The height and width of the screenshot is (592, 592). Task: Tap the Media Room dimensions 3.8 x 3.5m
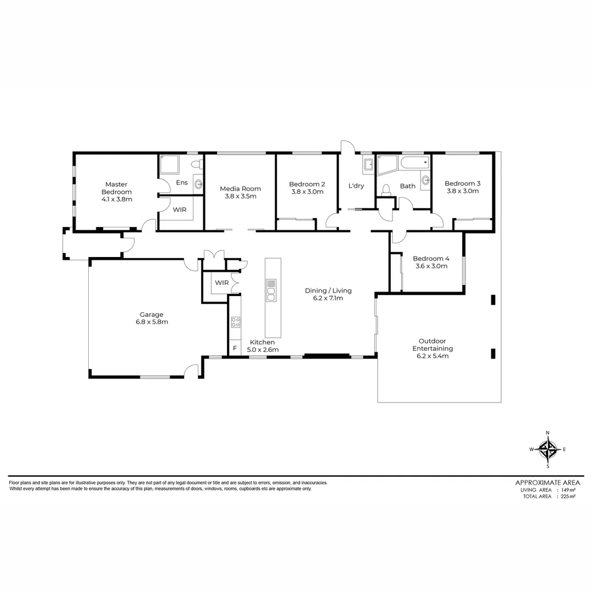[x=240, y=196]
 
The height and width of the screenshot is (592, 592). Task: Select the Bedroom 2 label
[x=307, y=184]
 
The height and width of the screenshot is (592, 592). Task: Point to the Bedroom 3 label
[x=462, y=184]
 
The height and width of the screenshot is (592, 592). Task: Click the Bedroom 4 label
[x=431, y=259]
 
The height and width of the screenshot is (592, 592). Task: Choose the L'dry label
[x=356, y=186]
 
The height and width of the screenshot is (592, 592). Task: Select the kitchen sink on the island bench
[x=271, y=290]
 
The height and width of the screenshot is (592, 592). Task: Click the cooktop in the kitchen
[x=235, y=322]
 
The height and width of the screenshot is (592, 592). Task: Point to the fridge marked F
[x=235, y=349]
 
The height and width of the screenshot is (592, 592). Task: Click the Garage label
[x=151, y=315]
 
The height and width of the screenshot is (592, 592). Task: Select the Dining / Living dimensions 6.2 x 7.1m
[x=328, y=298]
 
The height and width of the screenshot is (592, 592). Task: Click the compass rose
[x=548, y=449]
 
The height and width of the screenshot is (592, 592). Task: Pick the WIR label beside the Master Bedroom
[x=179, y=209]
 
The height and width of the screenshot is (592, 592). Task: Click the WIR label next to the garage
[x=221, y=283]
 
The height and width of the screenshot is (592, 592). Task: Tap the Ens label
[x=181, y=183]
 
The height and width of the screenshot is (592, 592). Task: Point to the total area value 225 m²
[x=567, y=497]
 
